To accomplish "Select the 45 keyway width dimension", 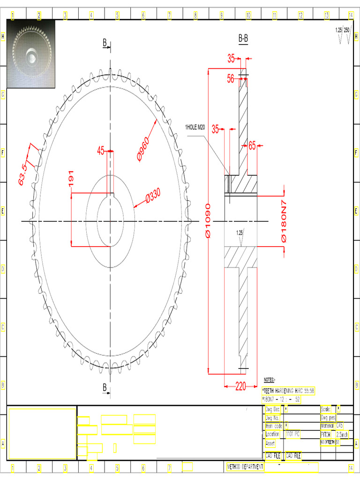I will (100, 150).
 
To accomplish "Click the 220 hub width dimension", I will (240, 387).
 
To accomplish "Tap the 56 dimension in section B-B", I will (231, 79).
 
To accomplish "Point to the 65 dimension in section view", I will (252, 146).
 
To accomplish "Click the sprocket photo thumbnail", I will (31, 54).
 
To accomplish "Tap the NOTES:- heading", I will (270, 380).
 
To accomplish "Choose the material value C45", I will (339, 426).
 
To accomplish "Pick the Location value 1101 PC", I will (292, 434).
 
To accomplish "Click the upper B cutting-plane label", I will (105, 43).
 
